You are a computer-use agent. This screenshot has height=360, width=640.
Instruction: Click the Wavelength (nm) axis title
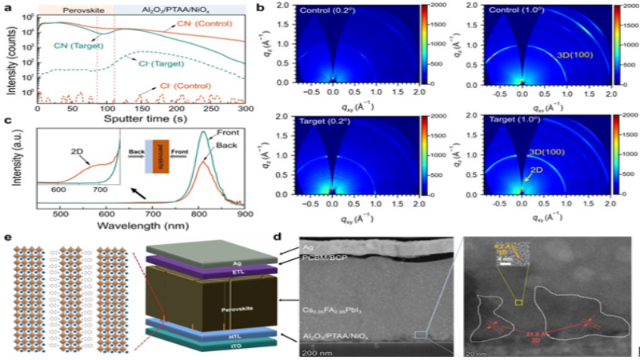144,226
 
